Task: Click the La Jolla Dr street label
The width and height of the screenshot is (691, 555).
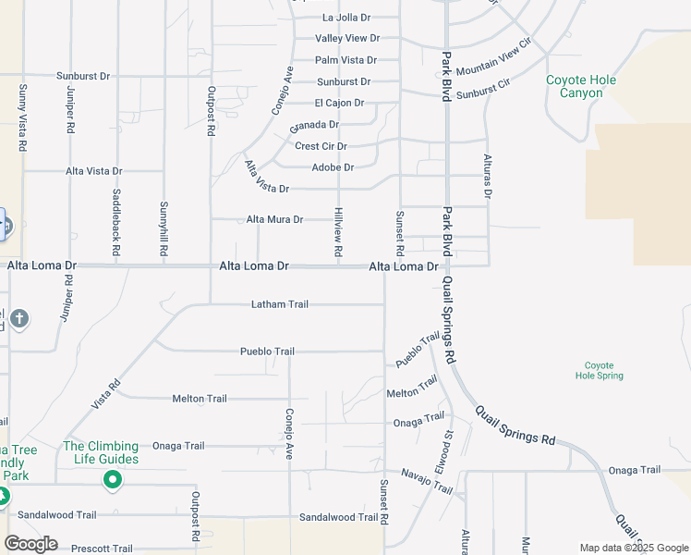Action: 345,18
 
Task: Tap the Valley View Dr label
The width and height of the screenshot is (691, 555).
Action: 346,39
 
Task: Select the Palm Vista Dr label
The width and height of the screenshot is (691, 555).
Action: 345,60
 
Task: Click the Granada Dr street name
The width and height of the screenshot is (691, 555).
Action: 314,125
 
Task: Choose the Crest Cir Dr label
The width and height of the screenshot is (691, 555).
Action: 321,146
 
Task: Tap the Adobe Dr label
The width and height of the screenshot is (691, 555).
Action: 333,167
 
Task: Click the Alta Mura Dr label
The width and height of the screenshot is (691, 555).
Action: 274,220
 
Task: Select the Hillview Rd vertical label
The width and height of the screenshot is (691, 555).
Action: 339,232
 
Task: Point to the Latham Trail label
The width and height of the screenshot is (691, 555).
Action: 280,304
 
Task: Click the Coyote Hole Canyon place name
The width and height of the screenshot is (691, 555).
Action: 581,87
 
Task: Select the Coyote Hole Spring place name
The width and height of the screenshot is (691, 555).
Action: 600,371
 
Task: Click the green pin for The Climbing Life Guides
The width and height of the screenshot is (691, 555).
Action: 113,479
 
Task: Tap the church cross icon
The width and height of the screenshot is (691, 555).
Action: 19,320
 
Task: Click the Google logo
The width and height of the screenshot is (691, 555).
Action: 30,544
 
